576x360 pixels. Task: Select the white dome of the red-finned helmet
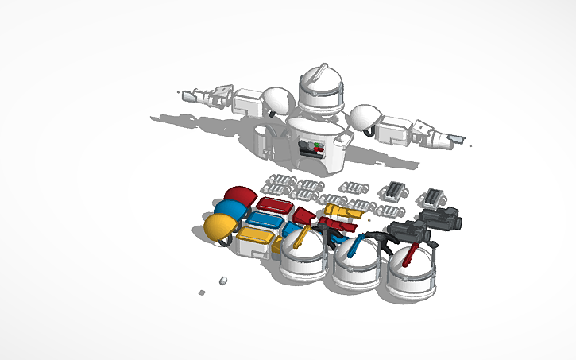coord(412,271)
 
